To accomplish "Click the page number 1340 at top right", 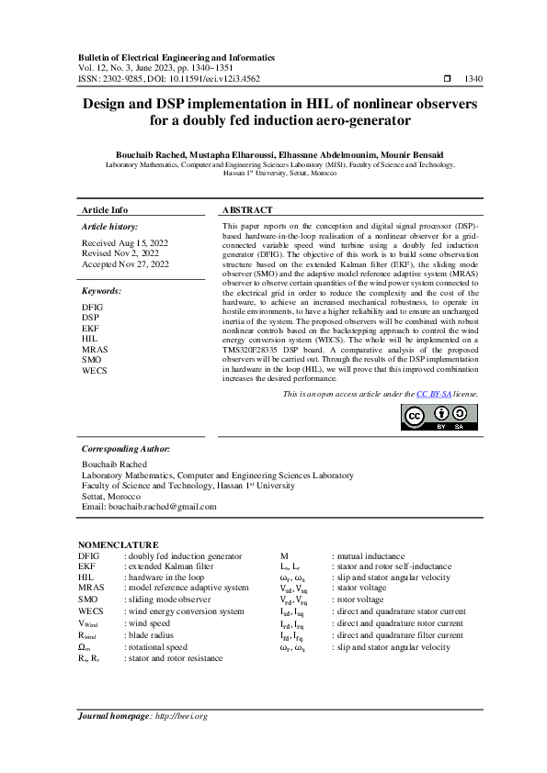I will (473, 80).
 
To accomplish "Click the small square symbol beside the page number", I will (447, 80).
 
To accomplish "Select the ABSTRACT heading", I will (247, 210).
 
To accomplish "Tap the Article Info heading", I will (106, 210).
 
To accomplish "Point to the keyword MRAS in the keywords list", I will (92, 350).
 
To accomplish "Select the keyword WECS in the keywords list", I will (93, 371).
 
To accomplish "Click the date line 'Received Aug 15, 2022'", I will (120, 243).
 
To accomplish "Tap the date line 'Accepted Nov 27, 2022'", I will (125, 264).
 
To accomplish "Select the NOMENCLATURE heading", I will (118, 545).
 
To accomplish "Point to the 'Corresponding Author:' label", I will (126, 449).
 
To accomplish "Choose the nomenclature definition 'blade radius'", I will (149, 634).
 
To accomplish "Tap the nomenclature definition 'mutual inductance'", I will (368, 556).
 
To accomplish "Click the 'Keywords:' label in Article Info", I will (102, 291).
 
